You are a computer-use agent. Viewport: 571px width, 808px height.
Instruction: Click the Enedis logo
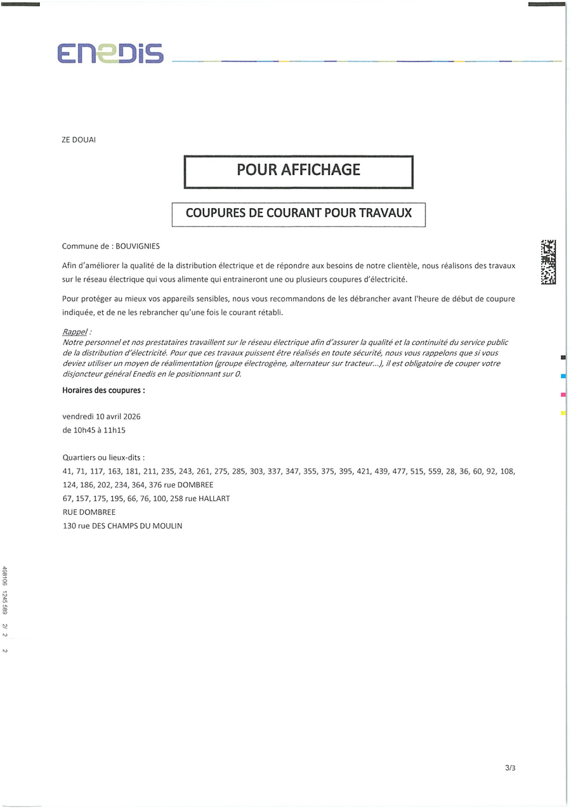coord(110,54)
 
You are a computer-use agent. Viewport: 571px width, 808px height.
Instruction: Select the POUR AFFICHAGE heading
coord(298,170)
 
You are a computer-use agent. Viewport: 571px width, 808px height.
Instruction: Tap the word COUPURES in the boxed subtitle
coord(216,214)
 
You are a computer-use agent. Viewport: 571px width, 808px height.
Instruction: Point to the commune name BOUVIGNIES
coord(138,246)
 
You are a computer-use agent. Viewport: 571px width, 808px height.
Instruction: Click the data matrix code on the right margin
coord(548,262)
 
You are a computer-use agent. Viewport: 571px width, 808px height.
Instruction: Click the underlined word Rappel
coord(75,332)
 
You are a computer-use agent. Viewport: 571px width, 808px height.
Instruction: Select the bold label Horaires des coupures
coord(103,391)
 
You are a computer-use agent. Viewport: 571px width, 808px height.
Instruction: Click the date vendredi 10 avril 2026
coord(102,417)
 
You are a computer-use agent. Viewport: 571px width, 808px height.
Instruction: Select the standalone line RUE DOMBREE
coord(89,512)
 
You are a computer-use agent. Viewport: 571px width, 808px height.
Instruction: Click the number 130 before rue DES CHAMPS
coord(69,526)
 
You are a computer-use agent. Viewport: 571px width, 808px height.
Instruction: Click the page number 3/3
coord(510,768)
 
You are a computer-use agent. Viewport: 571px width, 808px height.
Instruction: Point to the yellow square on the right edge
coord(563,414)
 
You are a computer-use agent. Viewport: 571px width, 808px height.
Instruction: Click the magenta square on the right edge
coord(563,395)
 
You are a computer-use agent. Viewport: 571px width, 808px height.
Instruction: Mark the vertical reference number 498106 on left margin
coord(5,577)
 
